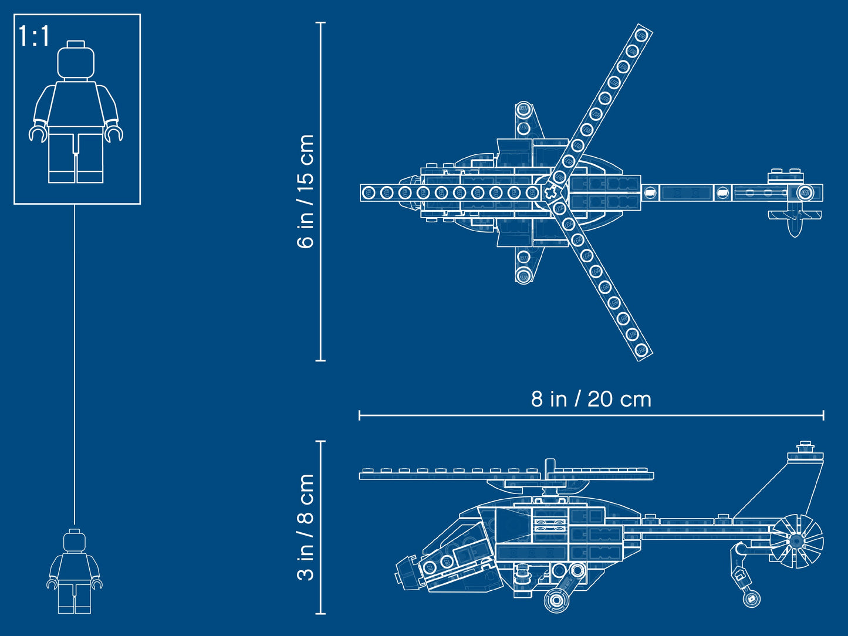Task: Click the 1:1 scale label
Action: [34, 36]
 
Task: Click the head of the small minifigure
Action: [75, 540]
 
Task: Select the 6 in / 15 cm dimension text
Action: [306, 191]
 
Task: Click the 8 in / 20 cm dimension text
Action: [591, 400]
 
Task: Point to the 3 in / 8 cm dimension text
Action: [306, 527]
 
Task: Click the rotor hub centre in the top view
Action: [550, 192]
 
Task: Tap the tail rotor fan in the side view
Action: [796, 541]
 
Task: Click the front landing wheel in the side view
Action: [556, 600]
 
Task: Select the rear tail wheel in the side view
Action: [751, 599]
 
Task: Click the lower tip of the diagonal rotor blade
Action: [641, 350]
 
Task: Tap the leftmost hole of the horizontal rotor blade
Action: [369, 192]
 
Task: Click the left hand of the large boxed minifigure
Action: [38, 134]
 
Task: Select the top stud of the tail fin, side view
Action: [805, 444]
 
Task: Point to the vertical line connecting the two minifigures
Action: [75, 364]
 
